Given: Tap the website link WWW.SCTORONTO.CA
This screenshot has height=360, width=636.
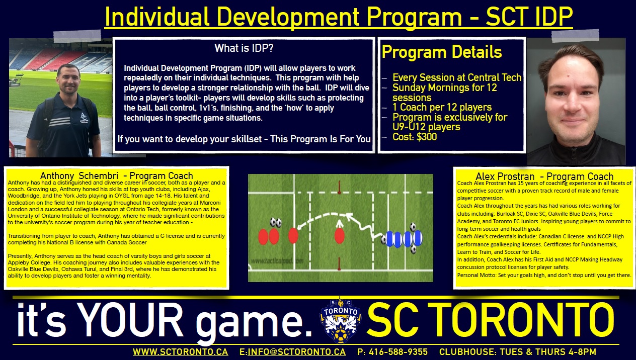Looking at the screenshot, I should click(x=180, y=352).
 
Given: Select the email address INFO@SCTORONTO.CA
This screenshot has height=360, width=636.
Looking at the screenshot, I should click(x=296, y=352).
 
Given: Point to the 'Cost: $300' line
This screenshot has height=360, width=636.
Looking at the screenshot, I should click(x=415, y=137).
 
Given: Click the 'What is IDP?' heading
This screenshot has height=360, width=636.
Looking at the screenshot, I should click(x=244, y=49).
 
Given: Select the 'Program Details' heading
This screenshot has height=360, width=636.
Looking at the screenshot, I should click(x=442, y=52).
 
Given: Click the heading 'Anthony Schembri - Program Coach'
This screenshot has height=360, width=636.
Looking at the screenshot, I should click(x=117, y=176).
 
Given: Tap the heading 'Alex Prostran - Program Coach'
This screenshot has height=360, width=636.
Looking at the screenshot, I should click(x=544, y=176).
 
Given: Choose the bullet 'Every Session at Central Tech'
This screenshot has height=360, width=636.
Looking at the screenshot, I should click(x=456, y=78).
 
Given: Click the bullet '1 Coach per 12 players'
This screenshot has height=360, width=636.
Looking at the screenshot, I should click(x=442, y=107).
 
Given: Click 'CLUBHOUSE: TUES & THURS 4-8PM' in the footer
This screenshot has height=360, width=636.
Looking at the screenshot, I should click(x=517, y=352).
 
